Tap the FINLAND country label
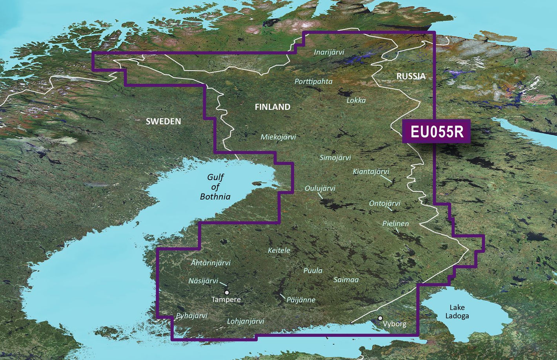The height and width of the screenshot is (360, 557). (273, 107)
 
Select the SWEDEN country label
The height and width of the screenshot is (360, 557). (164, 121)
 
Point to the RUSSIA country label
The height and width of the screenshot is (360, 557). (411, 76)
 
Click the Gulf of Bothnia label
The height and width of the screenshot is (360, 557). (215, 187)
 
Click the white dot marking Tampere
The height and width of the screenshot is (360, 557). (227, 293)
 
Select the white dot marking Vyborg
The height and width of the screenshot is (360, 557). (380, 318)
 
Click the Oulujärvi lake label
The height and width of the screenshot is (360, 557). (320, 188)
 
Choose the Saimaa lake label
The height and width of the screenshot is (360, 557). (346, 280)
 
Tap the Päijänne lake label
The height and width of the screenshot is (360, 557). (301, 300)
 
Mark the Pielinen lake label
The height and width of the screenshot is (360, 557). (395, 224)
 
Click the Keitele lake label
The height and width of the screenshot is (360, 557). (279, 250)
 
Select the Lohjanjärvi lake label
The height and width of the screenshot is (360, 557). (246, 321)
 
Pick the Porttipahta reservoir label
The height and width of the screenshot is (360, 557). (313, 82)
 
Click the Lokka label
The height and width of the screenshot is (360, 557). (356, 100)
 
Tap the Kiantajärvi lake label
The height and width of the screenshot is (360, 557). (371, 172)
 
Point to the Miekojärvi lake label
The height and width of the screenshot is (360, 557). (278, 137)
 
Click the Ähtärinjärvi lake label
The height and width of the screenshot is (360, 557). (211, 263)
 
